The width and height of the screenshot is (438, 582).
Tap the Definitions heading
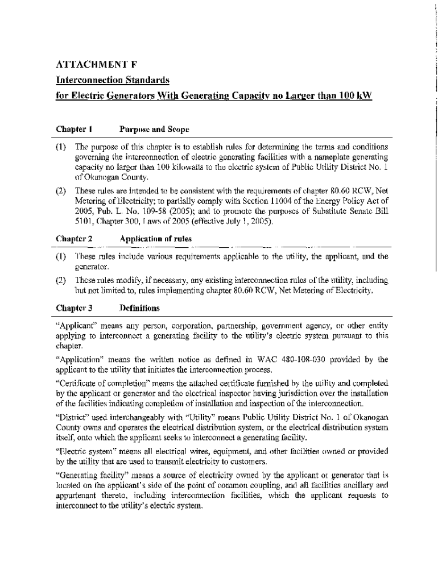point(139,309)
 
